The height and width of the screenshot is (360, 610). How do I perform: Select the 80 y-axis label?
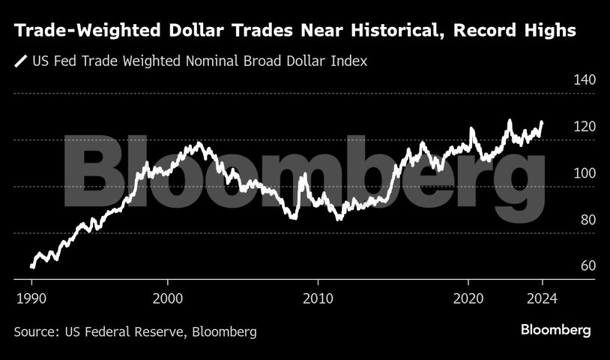pyautogui.click(x=586, y=220)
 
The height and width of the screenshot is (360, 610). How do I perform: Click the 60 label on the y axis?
pyautogui.click(x=586, y=267)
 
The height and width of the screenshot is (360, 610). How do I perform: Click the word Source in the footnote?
pyautogui.click(x=34, y=331)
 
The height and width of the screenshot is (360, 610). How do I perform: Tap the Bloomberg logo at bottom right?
pyautogui.click(x=556, y=331)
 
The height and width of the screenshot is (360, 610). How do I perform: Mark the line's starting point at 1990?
pyautogui.click(x=31, y=266)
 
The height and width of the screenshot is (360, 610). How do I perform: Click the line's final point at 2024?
pyautogui.click(x=542, y=122)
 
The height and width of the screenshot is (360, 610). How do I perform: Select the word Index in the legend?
pyautogui.click(x=351, y=61)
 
